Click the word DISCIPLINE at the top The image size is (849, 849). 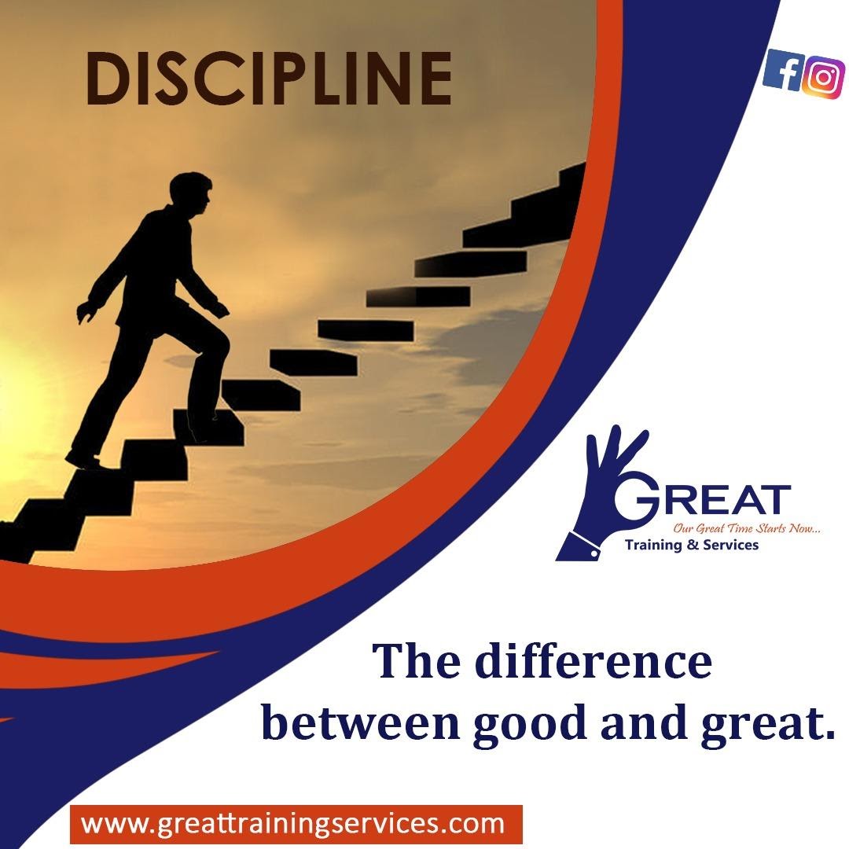coord(269,79)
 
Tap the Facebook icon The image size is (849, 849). coord(783,68)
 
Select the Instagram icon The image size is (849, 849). coord(823,77)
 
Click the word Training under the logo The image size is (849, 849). coord(652,545)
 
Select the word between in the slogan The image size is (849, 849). coord(360,722)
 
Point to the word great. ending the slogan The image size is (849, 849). coord(768,726)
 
